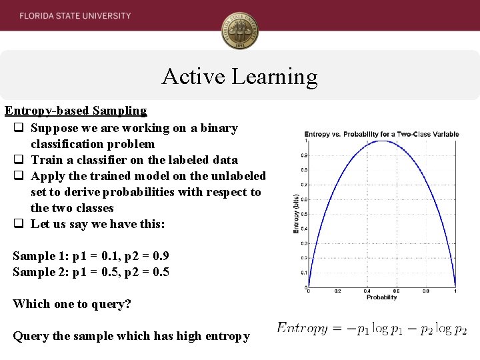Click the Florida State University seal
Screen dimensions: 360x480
click(x=240, y=31)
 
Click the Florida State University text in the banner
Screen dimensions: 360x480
click(x=75, y=15)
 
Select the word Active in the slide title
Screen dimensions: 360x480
click(x=193, y=77)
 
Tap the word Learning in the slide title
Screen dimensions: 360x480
click(x=275, y=77)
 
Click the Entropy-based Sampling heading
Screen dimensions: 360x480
click(x=75, y=111)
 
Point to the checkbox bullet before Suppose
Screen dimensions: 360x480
click(x=19, y=128)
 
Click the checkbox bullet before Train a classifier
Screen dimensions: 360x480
click(x=19, y=160)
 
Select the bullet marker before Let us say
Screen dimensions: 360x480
click(x=19, y=224)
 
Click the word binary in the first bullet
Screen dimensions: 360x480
click(x=218, y=128)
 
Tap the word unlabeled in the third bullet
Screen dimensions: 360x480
click(x=237, y=176)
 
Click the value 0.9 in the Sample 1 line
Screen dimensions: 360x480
click(x=161, y=256)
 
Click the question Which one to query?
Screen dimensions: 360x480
click(x=72, y=304)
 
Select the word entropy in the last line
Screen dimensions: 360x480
click(x=227, y=336)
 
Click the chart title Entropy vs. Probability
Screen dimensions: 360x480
click(x=381, y=134)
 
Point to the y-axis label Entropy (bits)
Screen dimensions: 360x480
click(x=296, y=213)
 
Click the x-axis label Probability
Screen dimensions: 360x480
click(x=381, y=297)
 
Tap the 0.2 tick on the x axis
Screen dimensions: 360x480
click(x=337, y=291)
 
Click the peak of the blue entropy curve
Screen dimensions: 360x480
click(x=381, y=141)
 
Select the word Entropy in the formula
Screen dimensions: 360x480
click(x=302, y=328)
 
